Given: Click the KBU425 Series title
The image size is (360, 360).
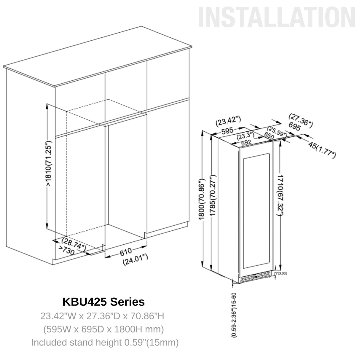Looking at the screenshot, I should [x=103, y=302].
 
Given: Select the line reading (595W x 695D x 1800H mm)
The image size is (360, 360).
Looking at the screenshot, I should [x=104, y=329].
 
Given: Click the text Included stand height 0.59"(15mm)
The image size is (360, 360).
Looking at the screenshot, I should [x=105, y=343].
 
